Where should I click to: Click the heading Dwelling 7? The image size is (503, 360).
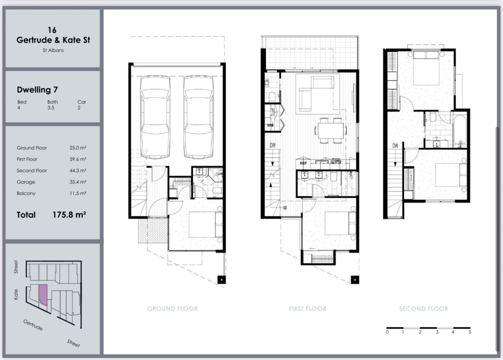pos(37,90)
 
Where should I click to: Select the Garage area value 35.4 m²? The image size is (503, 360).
pos(78,182)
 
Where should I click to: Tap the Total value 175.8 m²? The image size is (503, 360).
pos(69,215)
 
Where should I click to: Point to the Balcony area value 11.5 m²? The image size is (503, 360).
pos(78,193)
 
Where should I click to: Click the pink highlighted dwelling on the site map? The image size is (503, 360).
pos(43,295)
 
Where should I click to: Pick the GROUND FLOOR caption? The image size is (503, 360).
pos(172,309)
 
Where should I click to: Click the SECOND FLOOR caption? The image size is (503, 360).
pos(423,309)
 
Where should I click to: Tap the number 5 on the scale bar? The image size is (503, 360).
pos(470,332)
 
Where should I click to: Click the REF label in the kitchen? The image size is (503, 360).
pos(303,163)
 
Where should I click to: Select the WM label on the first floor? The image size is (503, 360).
pos(270,125)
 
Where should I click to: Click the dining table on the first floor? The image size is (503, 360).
pos(331,131)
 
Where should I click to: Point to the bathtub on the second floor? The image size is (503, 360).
pos(460,131)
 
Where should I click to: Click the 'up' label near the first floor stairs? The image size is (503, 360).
pos(285,207)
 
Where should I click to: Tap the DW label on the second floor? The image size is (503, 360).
pos(395,146)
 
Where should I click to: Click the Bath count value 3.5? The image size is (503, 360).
pos(51,108)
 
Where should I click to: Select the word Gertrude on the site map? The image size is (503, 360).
pos(33,325)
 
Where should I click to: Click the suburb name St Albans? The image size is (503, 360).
pos(53,50)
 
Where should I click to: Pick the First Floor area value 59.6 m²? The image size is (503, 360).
pos(78,159)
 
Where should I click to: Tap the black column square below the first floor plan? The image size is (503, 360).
pos(355,280)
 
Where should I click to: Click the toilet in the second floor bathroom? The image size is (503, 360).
pos(433,116)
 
